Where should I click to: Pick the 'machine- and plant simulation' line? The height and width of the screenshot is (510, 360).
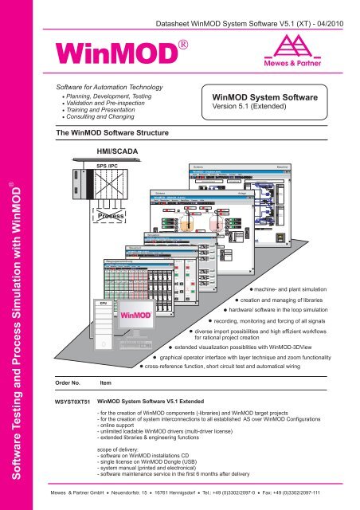[299, 285]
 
